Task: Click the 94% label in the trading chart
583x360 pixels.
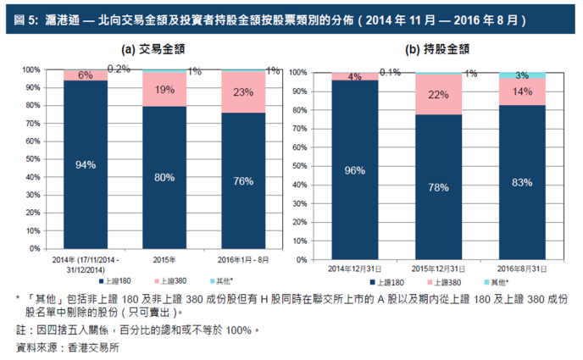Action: (x=86, y=165)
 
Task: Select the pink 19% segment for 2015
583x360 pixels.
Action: (x=165, y=89)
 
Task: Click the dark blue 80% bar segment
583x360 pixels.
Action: (x=165, y=177)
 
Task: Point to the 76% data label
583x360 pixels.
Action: (x=244, y=180)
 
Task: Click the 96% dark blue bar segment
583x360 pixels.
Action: (x=354, y=170)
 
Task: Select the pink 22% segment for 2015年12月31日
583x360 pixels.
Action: (x=438, y=94)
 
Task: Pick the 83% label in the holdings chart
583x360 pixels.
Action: (x=522, y=182)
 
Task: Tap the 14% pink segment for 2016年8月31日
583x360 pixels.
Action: (x=522, y=91)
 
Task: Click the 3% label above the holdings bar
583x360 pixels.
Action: (x=522, y=75)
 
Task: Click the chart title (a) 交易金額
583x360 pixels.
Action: (x=153, y=48)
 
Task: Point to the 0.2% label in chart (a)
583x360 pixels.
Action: (x=119, y=69)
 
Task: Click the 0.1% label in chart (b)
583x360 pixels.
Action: (x=390, y=72)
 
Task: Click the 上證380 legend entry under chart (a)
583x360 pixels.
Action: (x=169, y=280)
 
